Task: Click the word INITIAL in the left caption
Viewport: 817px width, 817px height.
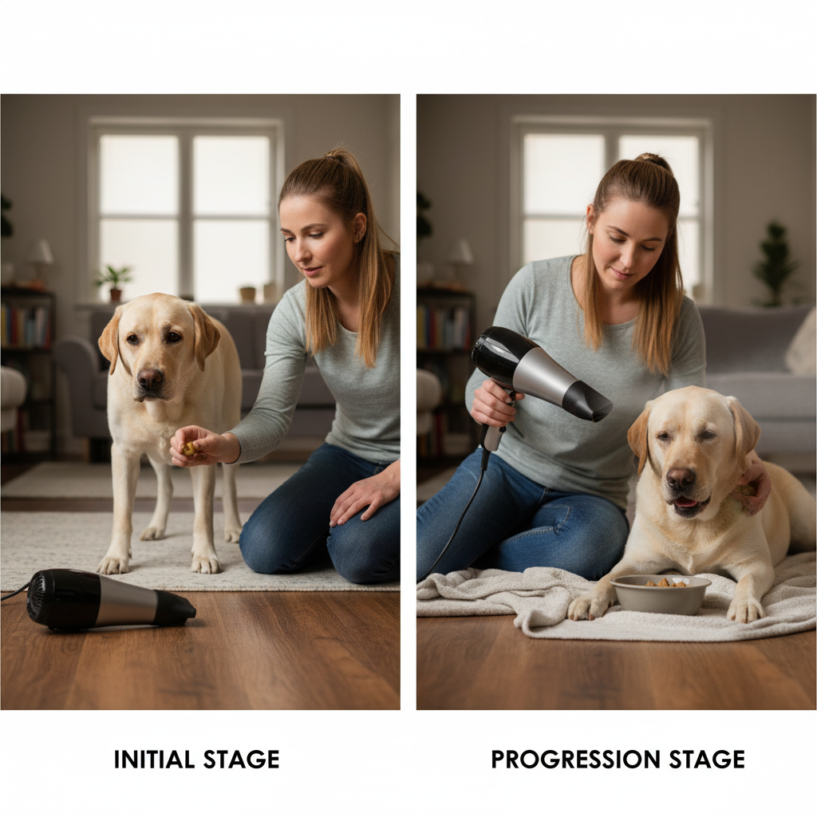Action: click(154, 760)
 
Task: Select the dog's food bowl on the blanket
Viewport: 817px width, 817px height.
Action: click(661, 594)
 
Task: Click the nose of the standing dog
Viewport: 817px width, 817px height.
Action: click(150, 379)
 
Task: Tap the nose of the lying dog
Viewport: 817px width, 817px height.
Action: click(681, 479)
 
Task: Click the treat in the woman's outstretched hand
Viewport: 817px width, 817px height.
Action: click(188, 448)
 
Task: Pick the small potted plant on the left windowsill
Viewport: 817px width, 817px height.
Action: click(113, 282)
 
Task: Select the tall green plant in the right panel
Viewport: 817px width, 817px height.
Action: click(774, 263)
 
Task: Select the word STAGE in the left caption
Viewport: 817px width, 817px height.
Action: click(241, 760)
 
